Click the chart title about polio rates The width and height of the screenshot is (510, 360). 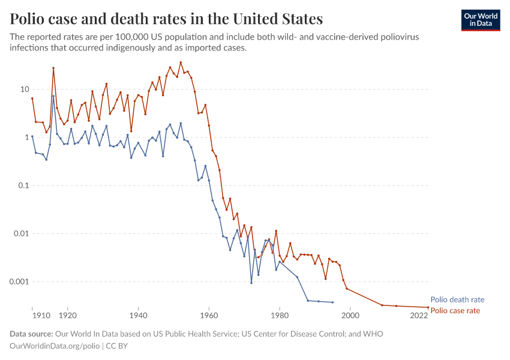(x=166, y=19)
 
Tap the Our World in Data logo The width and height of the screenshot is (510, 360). (x=480, y=19)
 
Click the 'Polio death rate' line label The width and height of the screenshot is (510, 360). (x=457, y=299)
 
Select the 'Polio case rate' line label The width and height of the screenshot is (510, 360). (x=455, y=310)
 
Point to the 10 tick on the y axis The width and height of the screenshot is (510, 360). (x=25, y=89)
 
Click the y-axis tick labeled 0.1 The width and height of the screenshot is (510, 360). (x=23, y=185)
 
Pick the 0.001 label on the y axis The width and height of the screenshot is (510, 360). (x=19, y=281)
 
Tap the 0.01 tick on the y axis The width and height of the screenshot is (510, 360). (x=21, y=233)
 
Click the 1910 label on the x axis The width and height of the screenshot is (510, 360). (x=40, y=315)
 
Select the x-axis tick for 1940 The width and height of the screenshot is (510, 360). (x=138, y=315)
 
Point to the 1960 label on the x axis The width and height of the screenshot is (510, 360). (x=209, y=315)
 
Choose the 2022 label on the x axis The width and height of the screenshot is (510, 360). (x=419, y=315)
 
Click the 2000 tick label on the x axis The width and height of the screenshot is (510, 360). (x=350, y=315)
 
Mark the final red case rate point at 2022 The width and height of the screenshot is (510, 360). (x=428, y=307)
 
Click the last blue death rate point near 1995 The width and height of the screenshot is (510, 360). (x=332, y=302)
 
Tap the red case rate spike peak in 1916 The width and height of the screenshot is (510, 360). (x=53, y=68)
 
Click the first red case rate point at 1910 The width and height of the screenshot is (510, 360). (x=32, y=98)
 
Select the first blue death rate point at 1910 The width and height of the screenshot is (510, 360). (x=32, y=137)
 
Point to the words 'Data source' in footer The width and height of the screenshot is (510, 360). (x=31, y=334)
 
